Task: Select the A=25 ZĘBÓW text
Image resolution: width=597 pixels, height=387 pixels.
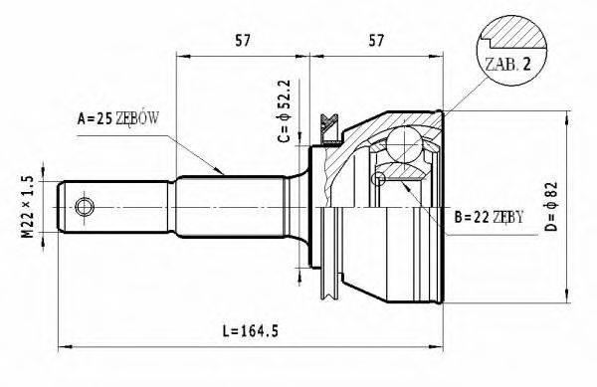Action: [118, 119]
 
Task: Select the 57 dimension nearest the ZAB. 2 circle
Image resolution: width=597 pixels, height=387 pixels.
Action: [376, 43]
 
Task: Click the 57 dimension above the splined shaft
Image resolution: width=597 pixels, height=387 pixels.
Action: [242, 43]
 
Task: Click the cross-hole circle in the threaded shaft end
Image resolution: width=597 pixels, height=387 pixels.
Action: [84, 206]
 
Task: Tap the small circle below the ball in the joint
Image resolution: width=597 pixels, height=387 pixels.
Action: [378, 179]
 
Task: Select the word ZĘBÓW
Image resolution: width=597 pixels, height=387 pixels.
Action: [137, 119]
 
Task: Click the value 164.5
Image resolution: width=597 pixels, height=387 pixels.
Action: [256, 329]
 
